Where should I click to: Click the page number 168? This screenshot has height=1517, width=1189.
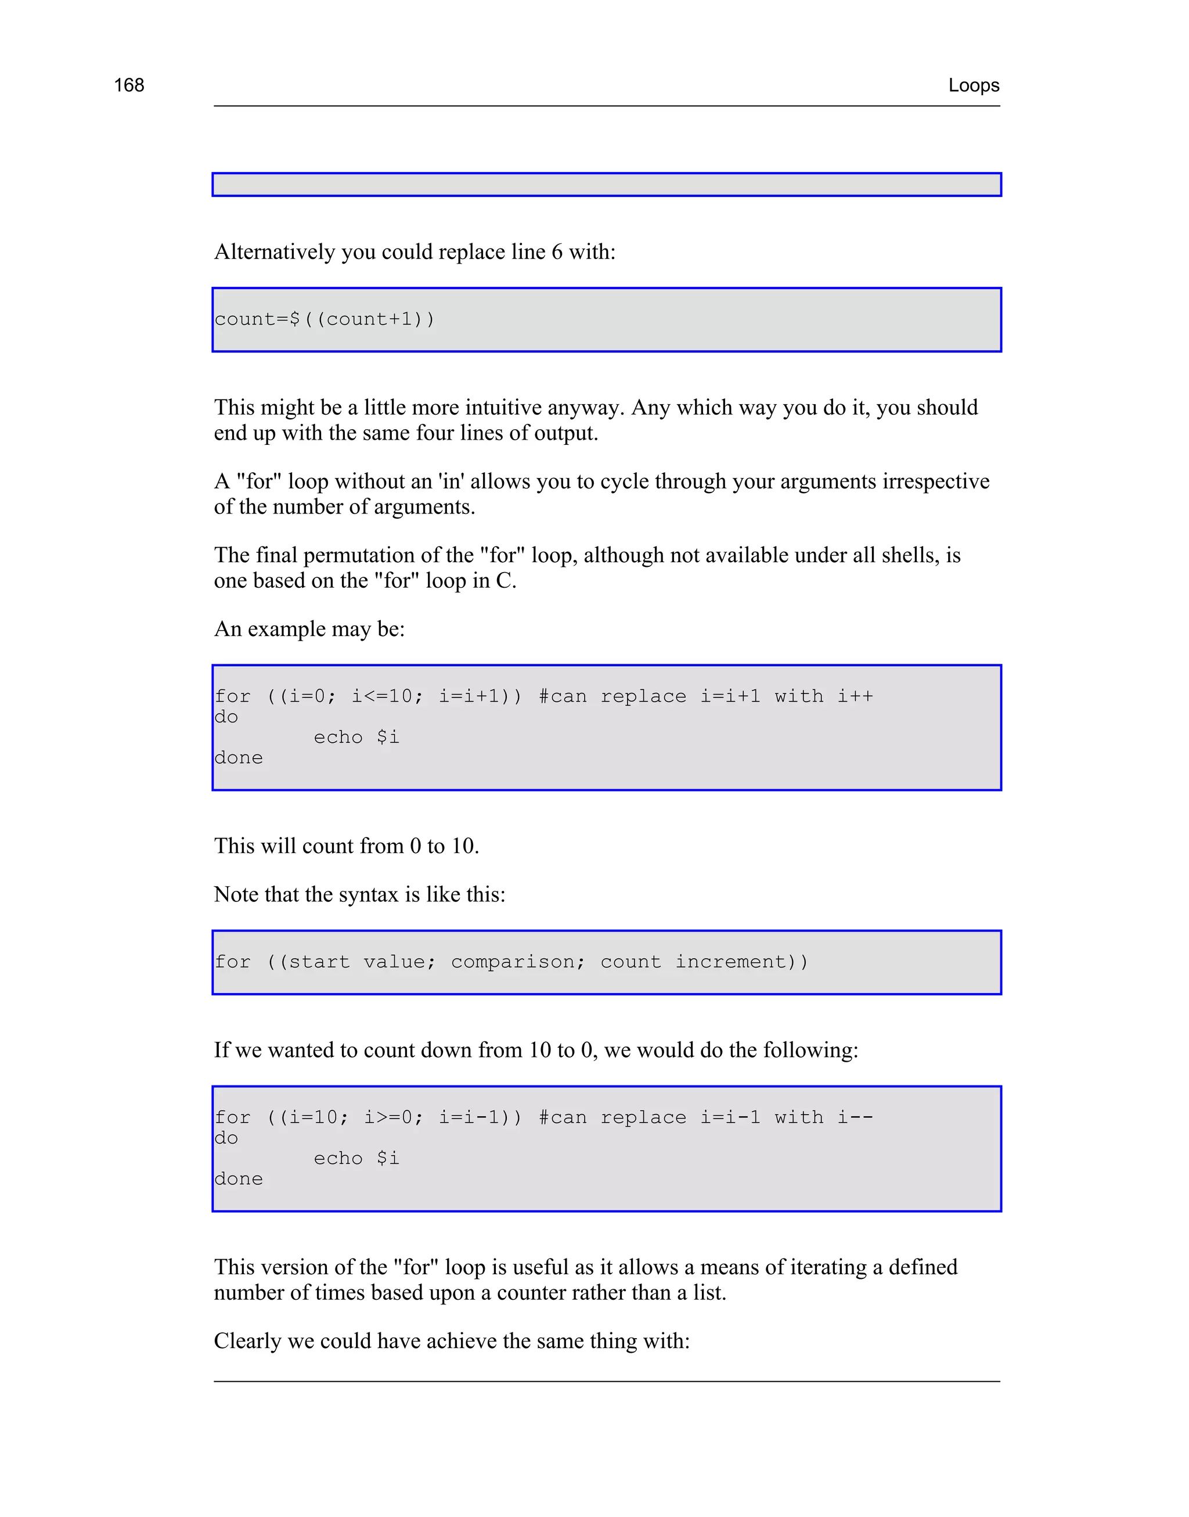pyautogui.click(x=129, y=85)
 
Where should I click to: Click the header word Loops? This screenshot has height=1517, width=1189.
pyautogui.click(x=973, y=85)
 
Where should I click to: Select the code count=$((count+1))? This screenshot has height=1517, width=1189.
pyautogui.click(x=324, y=319)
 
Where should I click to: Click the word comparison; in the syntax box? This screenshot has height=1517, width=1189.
pyautogui.click(x=518, y=962)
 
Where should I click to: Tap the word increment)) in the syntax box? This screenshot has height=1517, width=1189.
pyautogui.click(x=741, y=962)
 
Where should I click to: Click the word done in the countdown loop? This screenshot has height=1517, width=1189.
pyautogui.click(x=239, y=1180)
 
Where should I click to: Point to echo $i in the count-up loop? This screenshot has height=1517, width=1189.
pyautogui.click(x=356, y=737)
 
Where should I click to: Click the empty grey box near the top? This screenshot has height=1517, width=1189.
pyautogui.click(x=606, y=185)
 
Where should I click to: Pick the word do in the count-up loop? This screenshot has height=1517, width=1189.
pyautogui.click(x=226, y=717)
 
